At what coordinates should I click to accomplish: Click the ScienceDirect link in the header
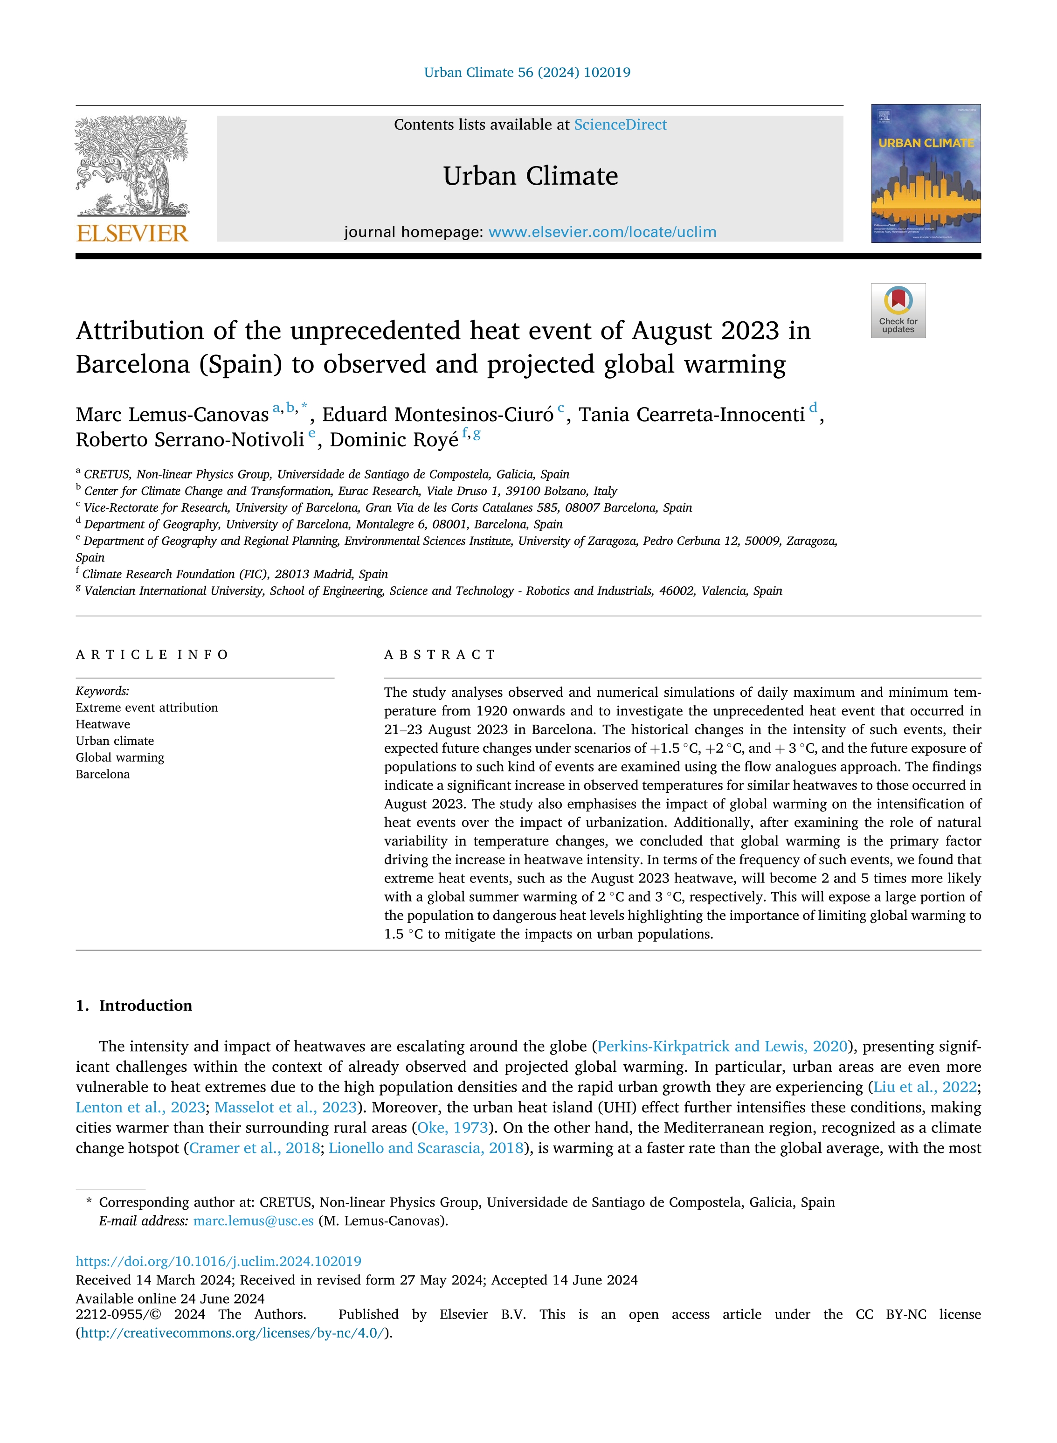[620, 125]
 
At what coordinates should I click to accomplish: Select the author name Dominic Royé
[394, 440]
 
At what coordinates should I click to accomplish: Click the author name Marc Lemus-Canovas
[172, 415]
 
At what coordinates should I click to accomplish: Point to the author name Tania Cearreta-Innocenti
[691, 415]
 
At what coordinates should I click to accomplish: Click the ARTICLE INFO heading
[152, 655]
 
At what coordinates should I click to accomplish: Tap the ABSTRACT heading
[440, 655]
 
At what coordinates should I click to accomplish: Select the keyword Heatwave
[103, 724]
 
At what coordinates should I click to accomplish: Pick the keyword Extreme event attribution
[146, 708]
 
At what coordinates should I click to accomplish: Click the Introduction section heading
[145, 1006]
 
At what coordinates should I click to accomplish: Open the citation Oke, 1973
[452, 1128]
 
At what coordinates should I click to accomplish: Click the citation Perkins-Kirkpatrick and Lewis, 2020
[722, 1046]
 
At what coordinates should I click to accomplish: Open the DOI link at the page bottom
[218, 1261]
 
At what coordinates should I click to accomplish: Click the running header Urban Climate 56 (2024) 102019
[527, 72]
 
